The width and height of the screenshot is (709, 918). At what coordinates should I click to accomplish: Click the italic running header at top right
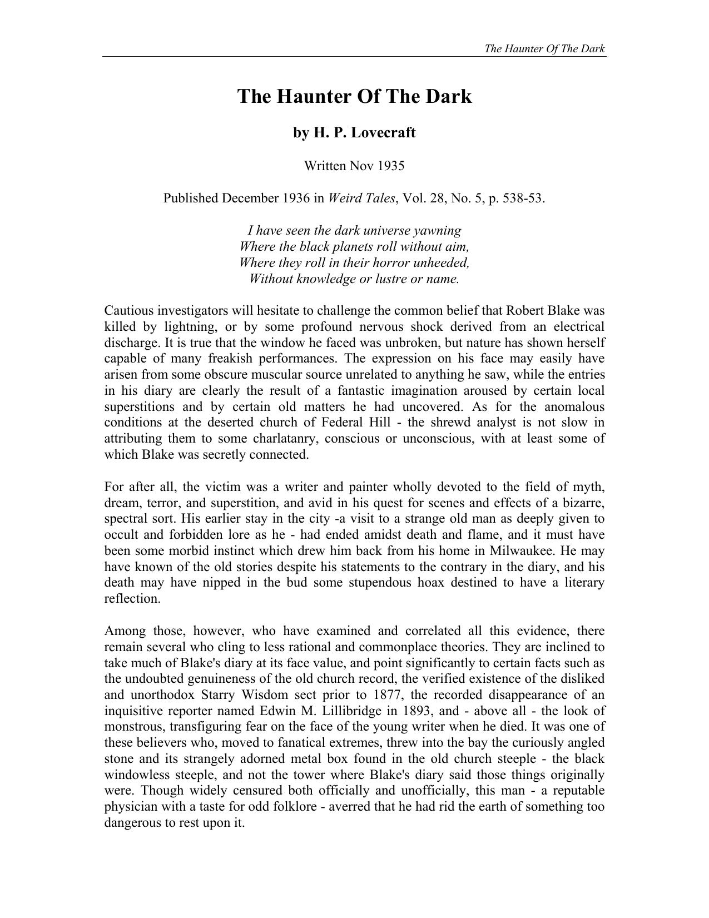544,48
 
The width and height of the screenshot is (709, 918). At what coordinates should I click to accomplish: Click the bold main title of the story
354,96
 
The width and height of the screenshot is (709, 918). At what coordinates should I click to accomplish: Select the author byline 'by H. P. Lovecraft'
354,133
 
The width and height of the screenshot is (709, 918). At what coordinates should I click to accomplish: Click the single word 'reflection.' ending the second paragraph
132,599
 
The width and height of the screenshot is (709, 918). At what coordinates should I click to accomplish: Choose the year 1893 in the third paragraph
420,711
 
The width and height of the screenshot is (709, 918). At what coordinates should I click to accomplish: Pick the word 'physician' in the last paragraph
131,807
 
